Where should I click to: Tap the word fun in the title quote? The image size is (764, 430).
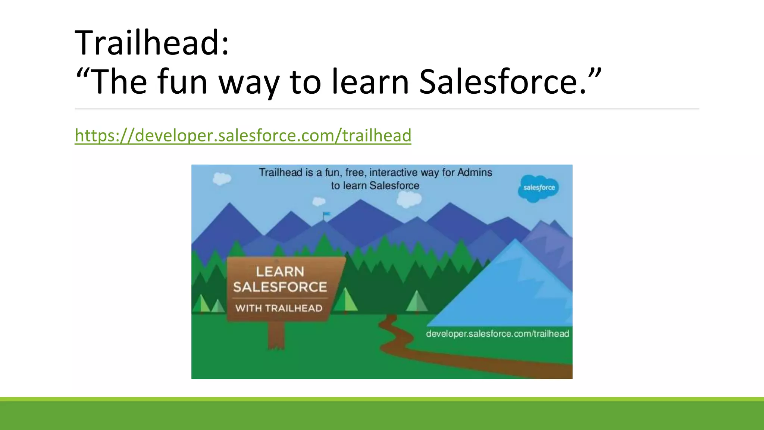(x=182, y=82)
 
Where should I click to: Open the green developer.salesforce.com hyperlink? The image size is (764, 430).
(x=243, y=135)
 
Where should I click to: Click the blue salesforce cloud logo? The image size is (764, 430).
(x=538, y=188)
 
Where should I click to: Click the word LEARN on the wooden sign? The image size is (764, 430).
(x=280, y=271)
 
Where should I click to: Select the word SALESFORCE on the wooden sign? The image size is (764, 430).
(x=280, y=287)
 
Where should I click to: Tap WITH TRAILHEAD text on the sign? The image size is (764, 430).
(x=279, y=308)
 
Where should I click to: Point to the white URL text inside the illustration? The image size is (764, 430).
(x=497, y=333)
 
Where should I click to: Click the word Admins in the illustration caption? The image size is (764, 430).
(x=475, y=172)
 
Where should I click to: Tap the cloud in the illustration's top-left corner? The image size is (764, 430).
(x=222, y=178)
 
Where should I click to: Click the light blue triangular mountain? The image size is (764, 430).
(x=515, y=291)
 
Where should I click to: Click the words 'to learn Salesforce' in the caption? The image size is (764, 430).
(x=375, y=186)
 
